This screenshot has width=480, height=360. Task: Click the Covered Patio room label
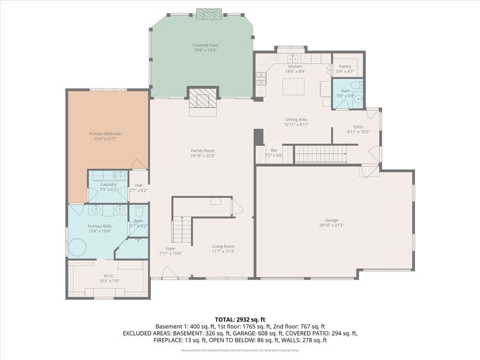coord(205,45)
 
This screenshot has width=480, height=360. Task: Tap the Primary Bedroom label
coord(105,134)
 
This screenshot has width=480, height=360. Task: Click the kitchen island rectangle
coord(293,87)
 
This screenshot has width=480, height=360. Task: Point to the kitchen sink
coord(293,58)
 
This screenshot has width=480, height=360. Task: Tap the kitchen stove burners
coord(261,78)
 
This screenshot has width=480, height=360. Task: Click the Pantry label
coord(345,67)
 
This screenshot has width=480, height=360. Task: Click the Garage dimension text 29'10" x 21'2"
coord(331,225)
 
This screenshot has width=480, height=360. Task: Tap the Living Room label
coord(223,247)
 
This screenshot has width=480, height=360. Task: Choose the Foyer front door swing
coord(170,272)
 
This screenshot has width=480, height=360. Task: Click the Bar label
coord(274,150)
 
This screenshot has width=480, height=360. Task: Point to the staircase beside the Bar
coord(320,154)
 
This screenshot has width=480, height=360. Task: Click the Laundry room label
coord(109,185)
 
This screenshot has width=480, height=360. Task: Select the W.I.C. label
coord(109,276)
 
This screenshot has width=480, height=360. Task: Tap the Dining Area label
coord(296,120)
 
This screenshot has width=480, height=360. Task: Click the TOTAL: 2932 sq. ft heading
coord(240,320)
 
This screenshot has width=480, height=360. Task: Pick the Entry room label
coord(359,127)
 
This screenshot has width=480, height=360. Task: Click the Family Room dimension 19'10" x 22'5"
coord(202,156)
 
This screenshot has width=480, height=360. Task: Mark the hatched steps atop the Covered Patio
coord(209,14)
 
